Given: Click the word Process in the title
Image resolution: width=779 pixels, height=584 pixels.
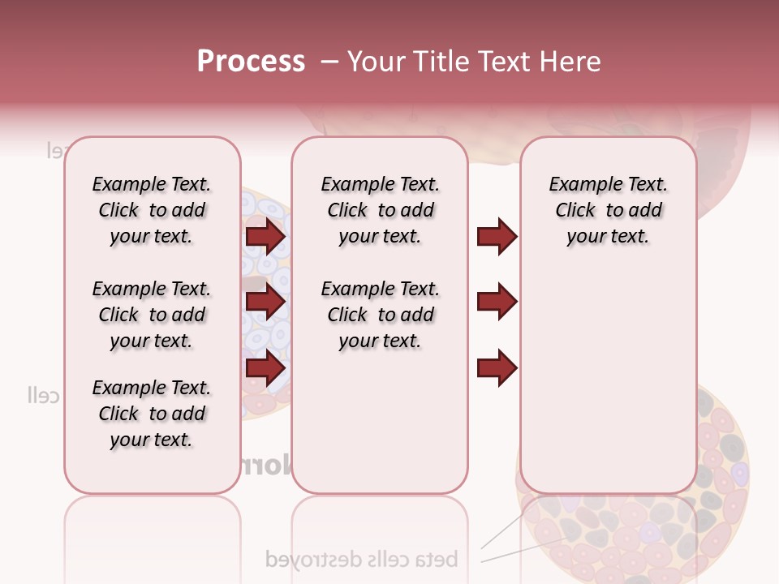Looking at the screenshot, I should point(251,62).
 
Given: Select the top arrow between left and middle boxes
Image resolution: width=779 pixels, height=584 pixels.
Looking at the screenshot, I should point(265,236).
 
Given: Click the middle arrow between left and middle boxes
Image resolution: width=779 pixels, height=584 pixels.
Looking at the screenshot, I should point(265,302).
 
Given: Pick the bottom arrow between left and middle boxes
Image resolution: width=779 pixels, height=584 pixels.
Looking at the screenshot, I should point(265,367).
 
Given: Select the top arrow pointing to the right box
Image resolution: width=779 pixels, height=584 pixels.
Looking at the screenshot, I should point(497,236).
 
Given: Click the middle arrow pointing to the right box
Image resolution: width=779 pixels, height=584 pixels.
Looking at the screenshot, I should point(497,302).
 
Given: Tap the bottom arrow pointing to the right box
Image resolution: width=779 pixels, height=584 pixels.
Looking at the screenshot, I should point(497,367).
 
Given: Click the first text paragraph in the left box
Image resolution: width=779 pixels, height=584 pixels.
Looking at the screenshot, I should point(152,210).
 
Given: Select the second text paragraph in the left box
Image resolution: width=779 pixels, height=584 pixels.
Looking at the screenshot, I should point(152,315).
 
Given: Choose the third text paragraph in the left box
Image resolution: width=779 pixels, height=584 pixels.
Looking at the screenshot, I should point(152,414).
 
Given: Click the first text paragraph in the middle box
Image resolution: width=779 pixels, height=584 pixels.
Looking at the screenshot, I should point(380,210).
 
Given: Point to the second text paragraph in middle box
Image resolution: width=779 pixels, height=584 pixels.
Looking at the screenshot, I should point(380,315).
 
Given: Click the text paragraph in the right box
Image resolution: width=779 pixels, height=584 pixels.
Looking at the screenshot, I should point(608,210).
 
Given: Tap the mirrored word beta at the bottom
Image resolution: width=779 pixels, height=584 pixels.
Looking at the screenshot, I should point(438,559).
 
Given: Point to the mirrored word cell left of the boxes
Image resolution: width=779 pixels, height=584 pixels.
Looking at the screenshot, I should point(44,396).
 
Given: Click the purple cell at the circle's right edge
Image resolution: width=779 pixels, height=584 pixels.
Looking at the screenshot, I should point(739,473).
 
